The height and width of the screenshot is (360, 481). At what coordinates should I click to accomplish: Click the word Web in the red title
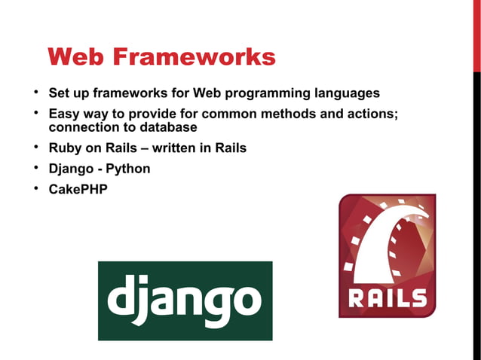pyautogui.click(x=78, y=56)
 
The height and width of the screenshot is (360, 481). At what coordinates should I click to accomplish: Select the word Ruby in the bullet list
pyautogui.click(x=65, y=148)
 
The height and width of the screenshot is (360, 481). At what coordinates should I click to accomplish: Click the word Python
pyautogui.click(x=127, y=169)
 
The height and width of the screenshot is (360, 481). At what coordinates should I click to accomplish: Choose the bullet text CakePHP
pyautogui.click(x=78, y=189)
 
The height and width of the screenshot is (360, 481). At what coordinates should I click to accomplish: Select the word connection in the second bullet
pyautogui.click(x=84, y=127)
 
